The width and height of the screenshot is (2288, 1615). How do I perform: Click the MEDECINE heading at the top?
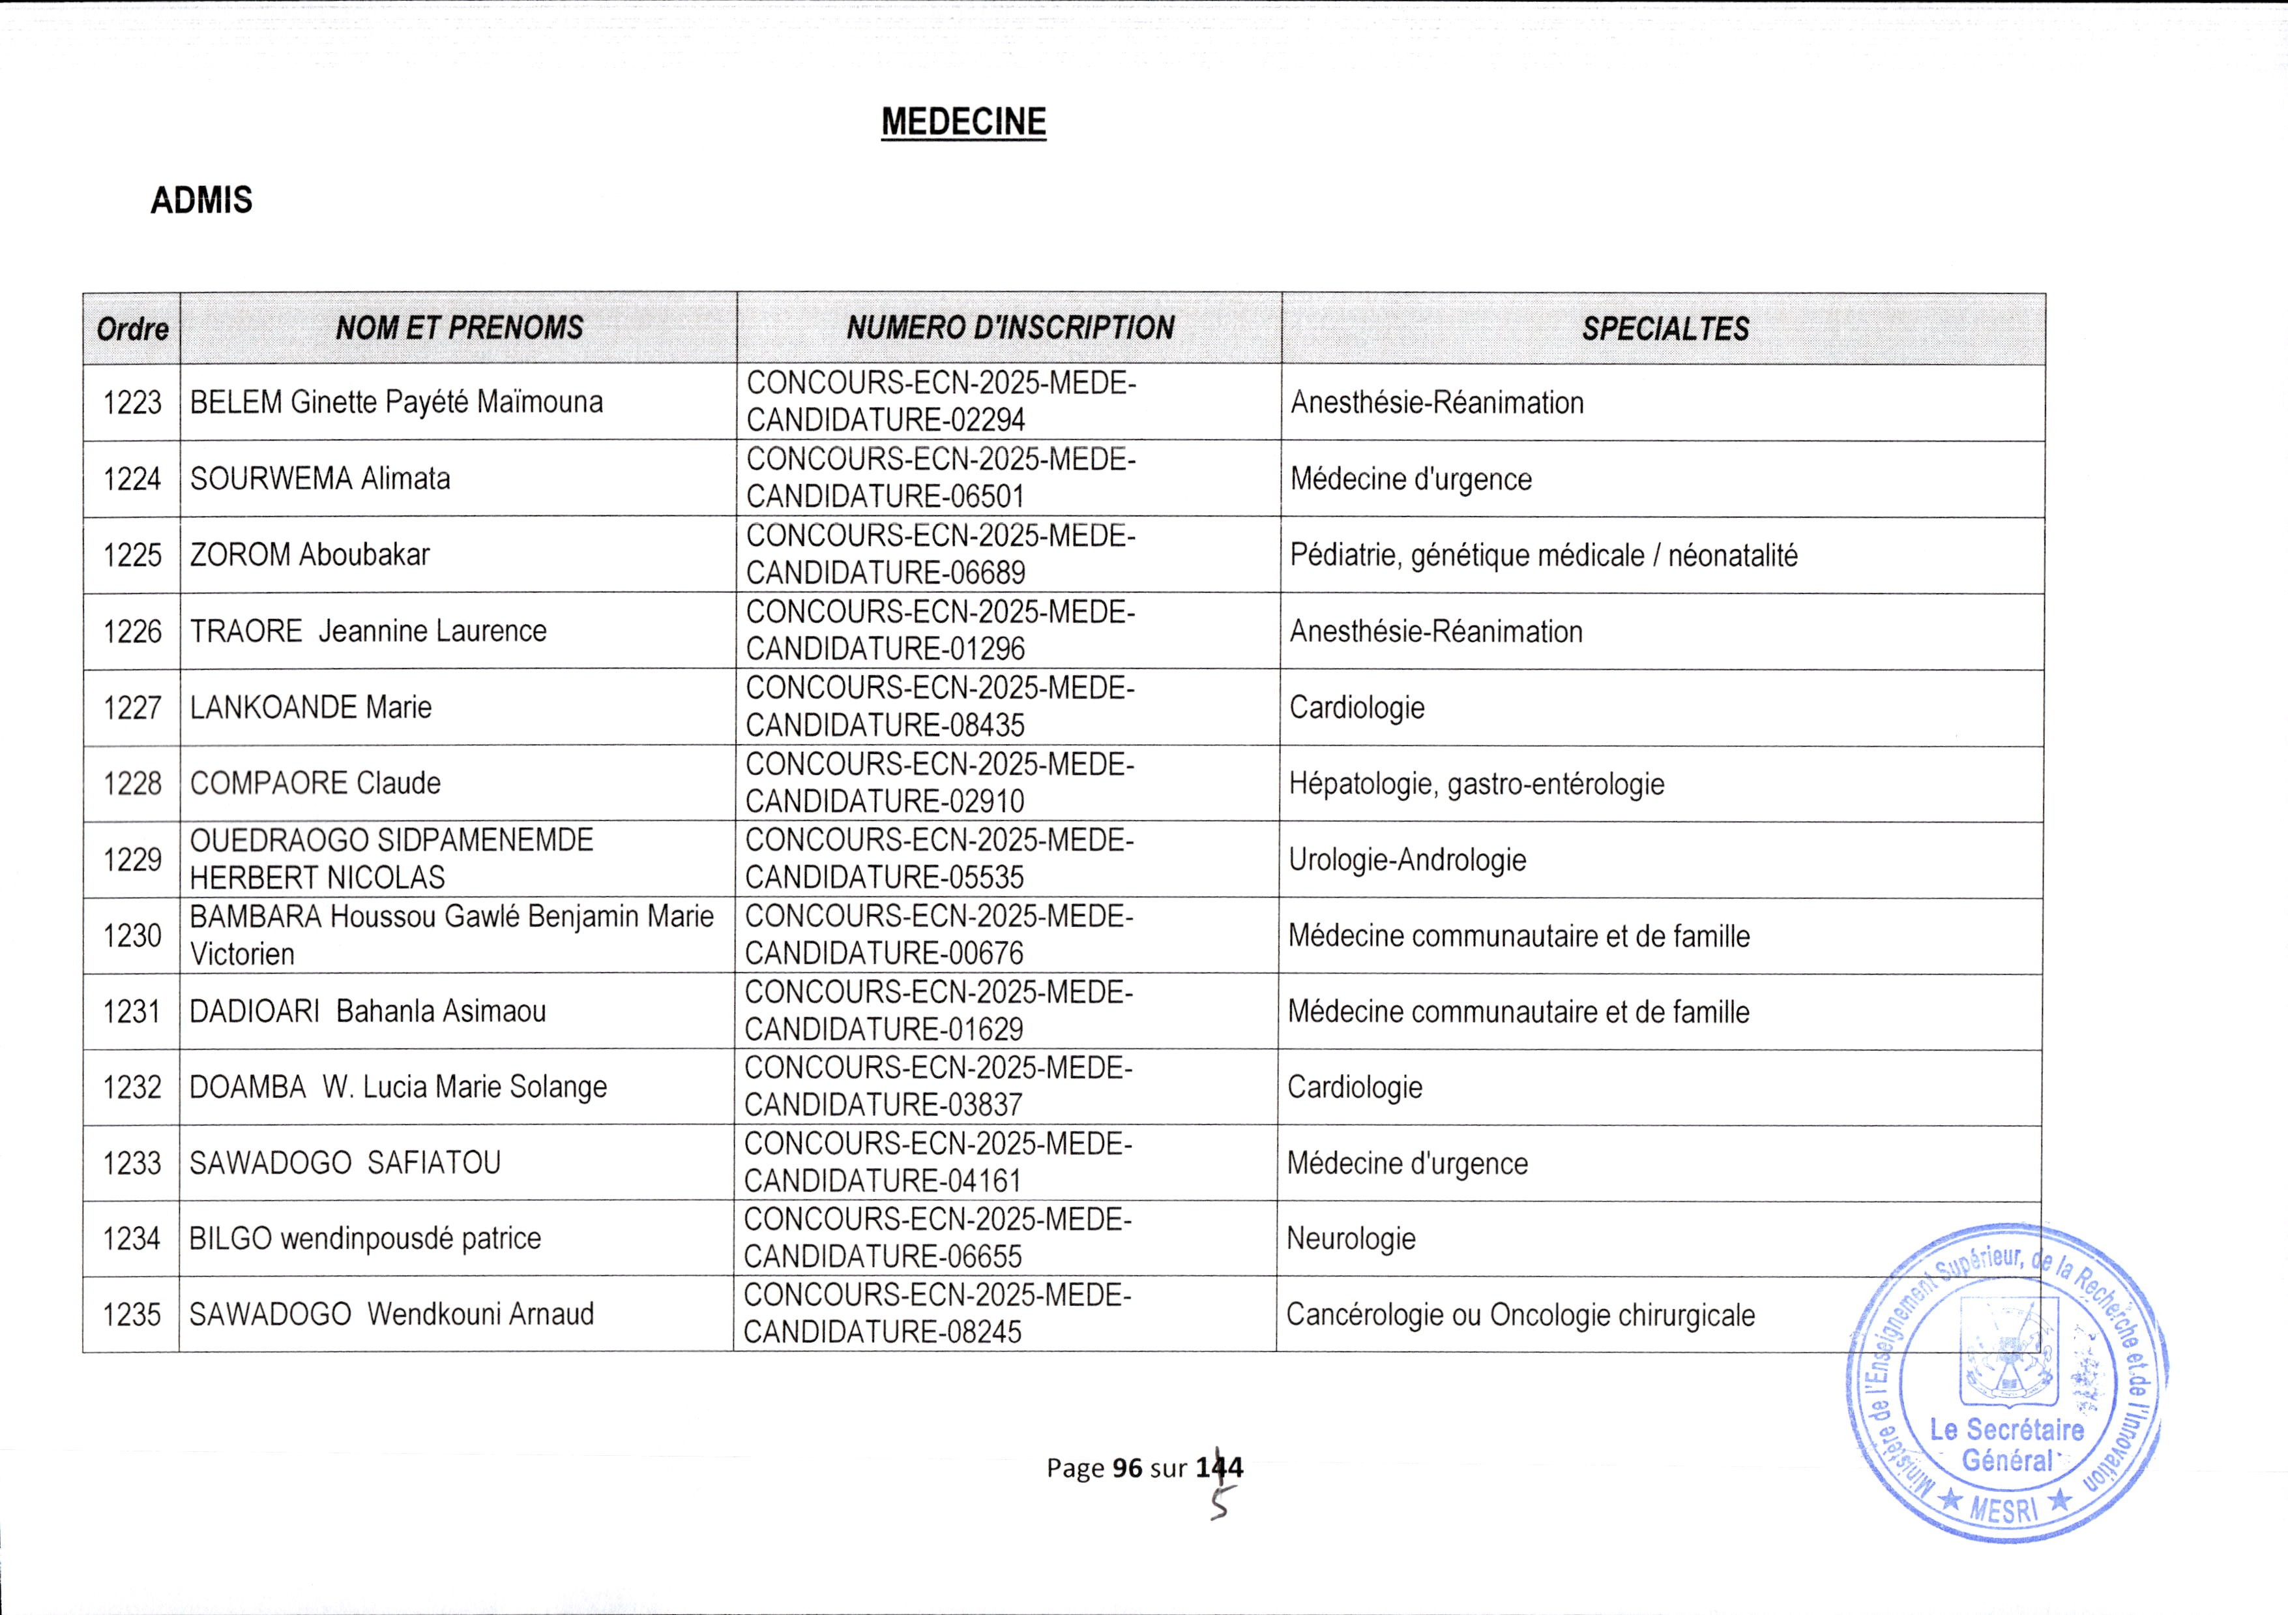tap(963, 121)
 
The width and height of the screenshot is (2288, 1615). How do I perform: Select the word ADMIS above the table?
tap(201, 200)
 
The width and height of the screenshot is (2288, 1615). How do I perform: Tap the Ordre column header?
tap(132, 329)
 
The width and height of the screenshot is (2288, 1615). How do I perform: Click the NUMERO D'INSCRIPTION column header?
tap(1010, 328)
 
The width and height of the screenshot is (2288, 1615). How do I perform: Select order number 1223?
tap(132, 402)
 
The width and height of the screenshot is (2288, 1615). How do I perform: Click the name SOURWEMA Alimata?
tap(320, 479)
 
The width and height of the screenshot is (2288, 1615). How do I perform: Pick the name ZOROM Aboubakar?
tap(310, 555)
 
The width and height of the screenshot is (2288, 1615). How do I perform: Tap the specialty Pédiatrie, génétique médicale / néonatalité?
tap(1544, 555)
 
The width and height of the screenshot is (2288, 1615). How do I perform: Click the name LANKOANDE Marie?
tap(311, 708)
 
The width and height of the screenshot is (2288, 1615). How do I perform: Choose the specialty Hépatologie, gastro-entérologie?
tap(1476, 783)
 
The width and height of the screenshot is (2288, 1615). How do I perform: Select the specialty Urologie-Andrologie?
tap(1407, 859)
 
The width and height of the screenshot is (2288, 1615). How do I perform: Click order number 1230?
tap(132, 936)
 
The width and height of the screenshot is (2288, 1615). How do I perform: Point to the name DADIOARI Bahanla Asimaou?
tap(368, 1012)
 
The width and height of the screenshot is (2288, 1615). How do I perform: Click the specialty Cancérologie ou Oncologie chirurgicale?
tap(1519, 1315)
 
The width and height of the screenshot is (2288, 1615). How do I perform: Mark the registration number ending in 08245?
tap(937, 1314)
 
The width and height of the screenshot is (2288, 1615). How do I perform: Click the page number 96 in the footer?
tap(1127, 1468)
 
